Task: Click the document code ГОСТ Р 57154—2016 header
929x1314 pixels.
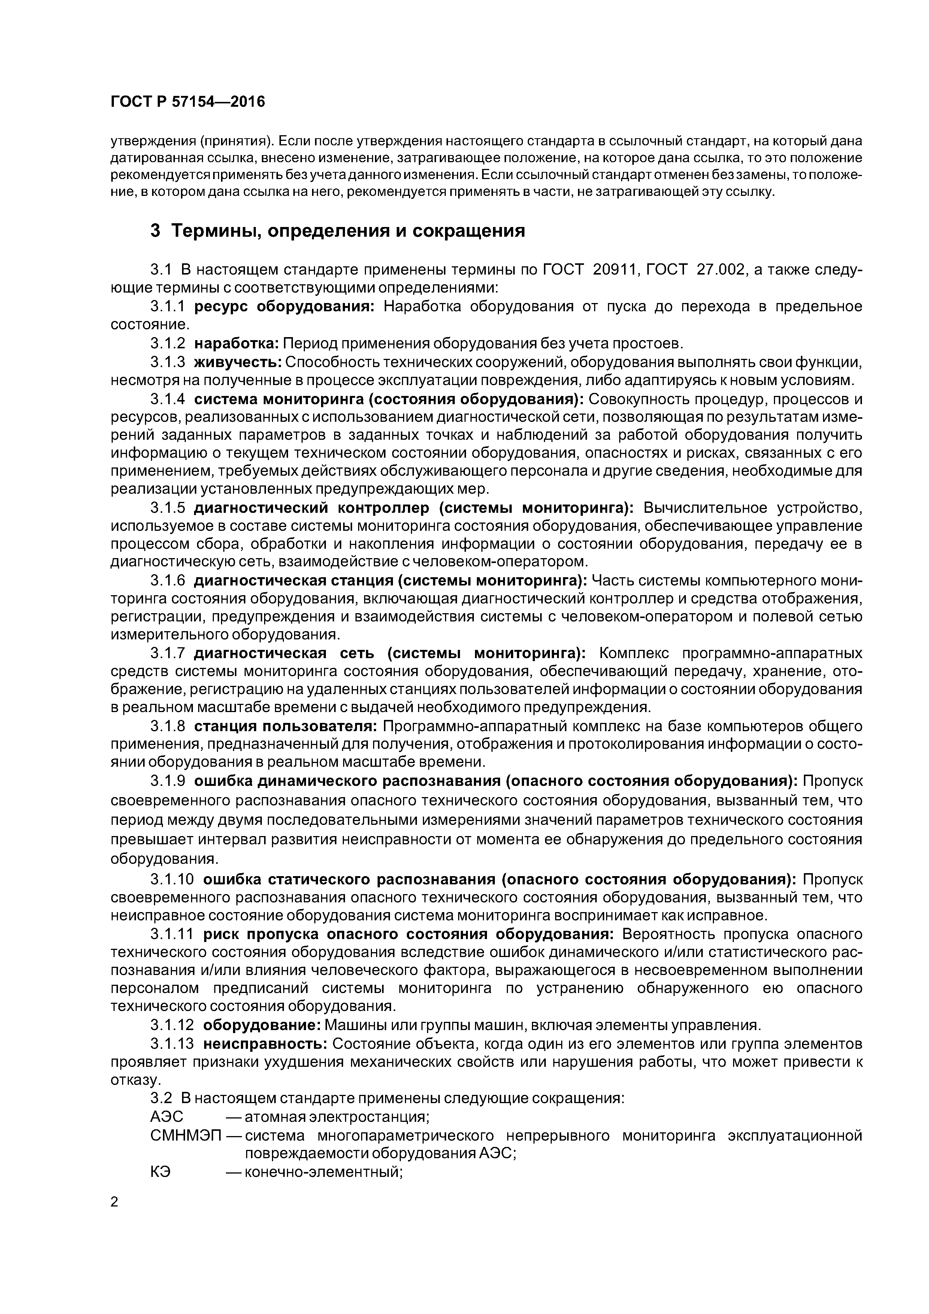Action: point(188,102)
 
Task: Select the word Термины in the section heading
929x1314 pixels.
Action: point(214,231)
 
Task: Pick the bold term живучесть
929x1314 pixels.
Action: point(237,362)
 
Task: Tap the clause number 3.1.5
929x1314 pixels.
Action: point(168,508)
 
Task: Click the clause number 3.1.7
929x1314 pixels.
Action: point(168,653)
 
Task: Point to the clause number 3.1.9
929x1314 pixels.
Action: point(168,781)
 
